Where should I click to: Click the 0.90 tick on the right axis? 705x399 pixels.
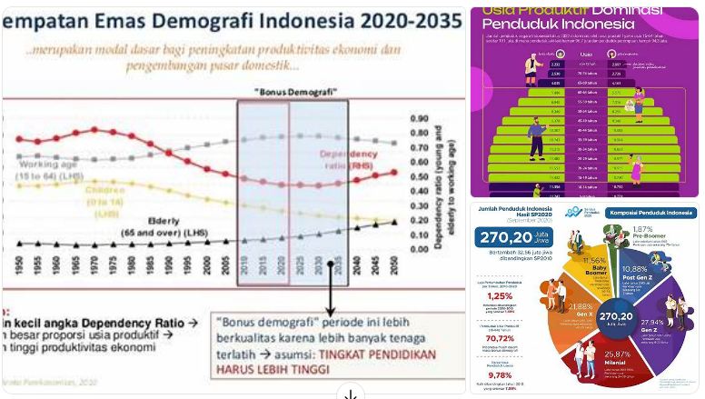419,118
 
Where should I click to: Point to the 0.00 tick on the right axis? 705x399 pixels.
419,249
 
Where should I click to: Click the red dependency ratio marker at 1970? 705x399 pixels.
94,130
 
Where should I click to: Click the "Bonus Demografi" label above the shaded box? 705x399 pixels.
294,93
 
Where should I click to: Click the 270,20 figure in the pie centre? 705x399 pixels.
611,317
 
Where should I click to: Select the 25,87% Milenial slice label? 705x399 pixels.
616,355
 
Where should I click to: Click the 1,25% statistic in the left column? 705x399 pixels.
500,295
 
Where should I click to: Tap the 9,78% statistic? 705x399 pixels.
500,374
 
